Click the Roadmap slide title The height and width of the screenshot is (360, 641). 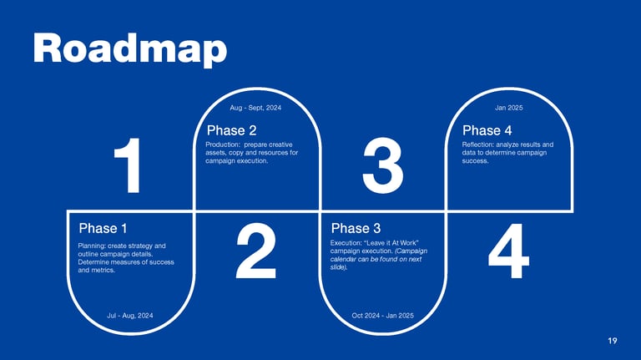pyautogui.click(x=130, y=49)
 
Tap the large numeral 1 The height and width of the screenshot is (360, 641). pyautogui.click(x=129, y=165)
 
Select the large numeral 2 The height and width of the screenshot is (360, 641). pyautogui.click(x=256, y=251)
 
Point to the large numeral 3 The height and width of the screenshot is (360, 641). pyautogui.click(x=383, y=165)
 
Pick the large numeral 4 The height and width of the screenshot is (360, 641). pyautogui.click(x=508, y=251)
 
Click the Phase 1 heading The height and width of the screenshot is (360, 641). pyautogui.click(x=103, y=228)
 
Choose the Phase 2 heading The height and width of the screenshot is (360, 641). pyautogui.click(x=231, y=130)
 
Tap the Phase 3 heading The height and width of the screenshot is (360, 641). pyautogui.click(x=356, y=228)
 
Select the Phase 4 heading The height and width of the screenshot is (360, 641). pyautogui.click(x=487, y=130)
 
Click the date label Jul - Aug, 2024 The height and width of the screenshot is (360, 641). pyautogui.click(x=130, y=316)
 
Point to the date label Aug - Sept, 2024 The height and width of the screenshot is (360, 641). pyautogui.click(x=255, y=108)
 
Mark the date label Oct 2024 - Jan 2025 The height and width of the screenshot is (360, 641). pyautogui.click(x=382, y=316)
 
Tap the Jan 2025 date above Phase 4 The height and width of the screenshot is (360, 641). pyautogui.click(x=509, y=108)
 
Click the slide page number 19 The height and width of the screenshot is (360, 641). pyautogui.click(x=613, y=341)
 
